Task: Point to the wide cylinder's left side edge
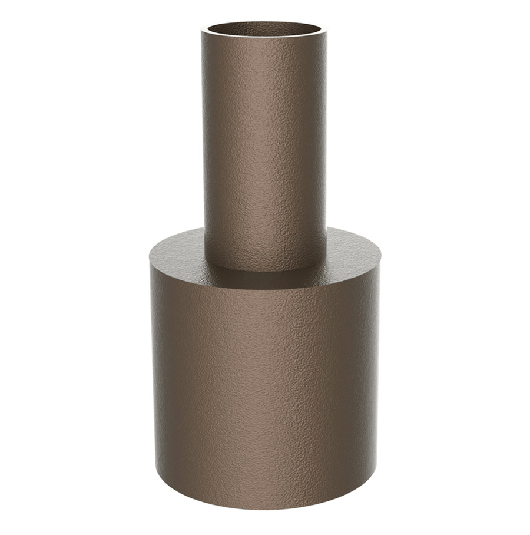[x=152, y=377]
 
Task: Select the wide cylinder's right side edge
[x=379, y=377]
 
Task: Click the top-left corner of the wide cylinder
[x=150, y=259]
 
